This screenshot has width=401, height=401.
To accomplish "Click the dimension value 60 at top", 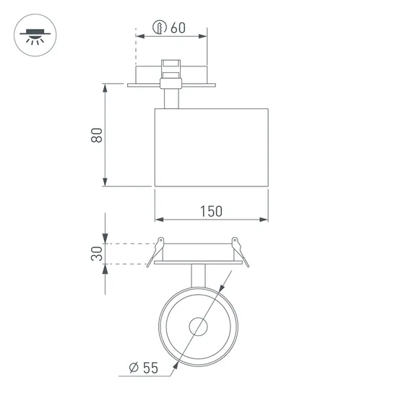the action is (178, 28).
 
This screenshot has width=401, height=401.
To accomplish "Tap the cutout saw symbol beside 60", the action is (160, 27).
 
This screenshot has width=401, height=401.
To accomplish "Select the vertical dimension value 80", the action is (97, 135).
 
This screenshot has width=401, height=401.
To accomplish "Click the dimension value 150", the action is (211, 211).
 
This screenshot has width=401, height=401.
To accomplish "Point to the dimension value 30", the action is (97, 254).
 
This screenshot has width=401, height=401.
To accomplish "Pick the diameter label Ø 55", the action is (144, 368).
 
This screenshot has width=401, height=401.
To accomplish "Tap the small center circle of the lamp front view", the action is (198, 327).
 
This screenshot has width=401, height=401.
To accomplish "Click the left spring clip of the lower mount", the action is (155, 252).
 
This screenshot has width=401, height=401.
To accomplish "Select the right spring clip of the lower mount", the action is (240, 252).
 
